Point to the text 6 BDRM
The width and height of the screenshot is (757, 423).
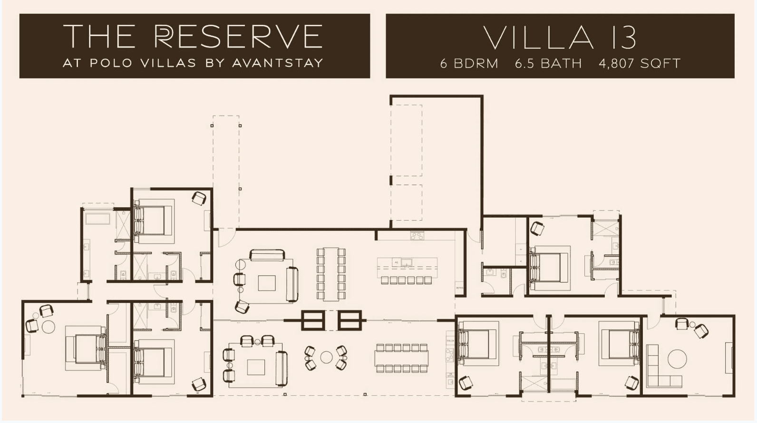(x=469, y=64)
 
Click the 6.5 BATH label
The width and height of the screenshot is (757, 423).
(x=548, y=64)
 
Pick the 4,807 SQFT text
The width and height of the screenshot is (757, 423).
(x=640, y=64)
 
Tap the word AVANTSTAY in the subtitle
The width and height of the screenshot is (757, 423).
(x=278, y=63)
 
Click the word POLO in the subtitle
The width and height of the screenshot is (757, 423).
(x=111, y=63)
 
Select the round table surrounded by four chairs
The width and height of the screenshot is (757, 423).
(x=326, y=357)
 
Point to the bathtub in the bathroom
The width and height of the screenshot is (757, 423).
(x=98, y=218)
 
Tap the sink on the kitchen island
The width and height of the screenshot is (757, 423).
(x=407, y=262)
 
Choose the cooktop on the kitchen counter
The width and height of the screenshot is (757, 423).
(x=417, y=235)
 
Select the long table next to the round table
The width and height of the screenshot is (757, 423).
(x=401, y=358)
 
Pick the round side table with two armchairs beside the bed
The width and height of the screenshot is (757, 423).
(x=48, y=327)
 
